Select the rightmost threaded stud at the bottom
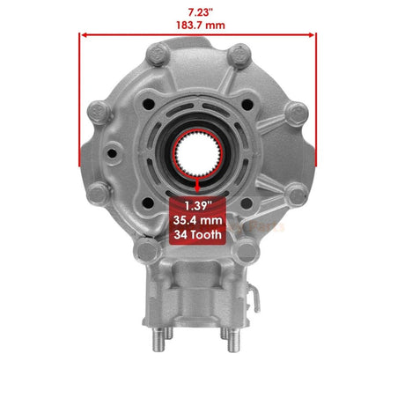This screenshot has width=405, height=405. click(255, 337)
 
